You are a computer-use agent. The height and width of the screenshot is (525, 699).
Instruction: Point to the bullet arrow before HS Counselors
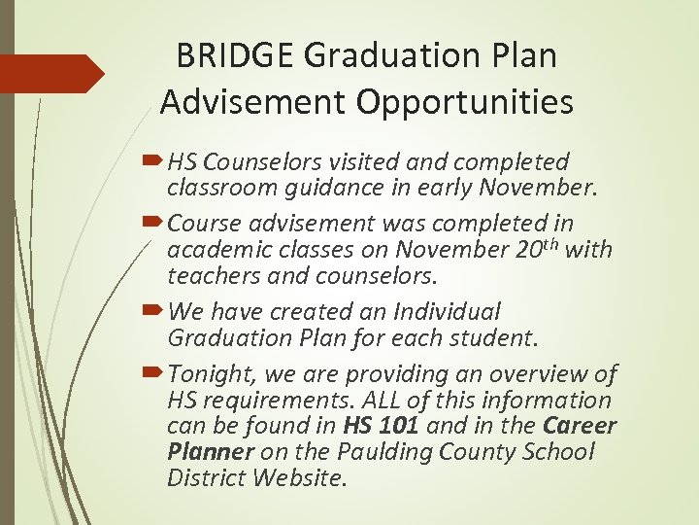(x=155, y=160)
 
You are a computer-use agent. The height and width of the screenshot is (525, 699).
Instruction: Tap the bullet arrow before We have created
(x=155, y=312)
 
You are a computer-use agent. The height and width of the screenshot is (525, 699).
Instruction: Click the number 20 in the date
(x=530, y=250)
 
